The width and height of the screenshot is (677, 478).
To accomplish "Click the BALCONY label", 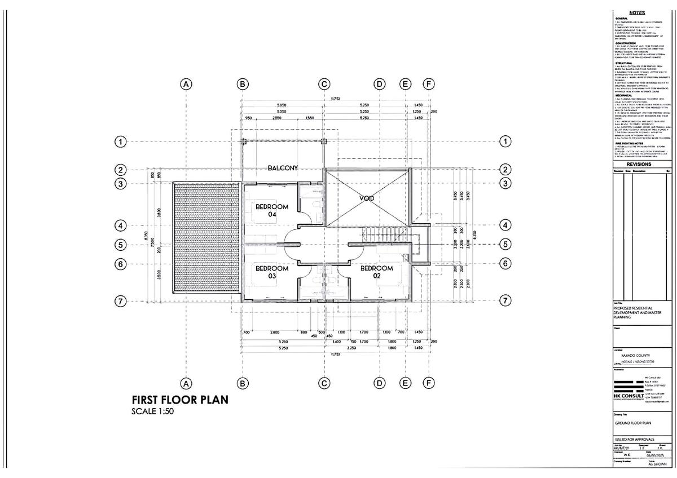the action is pyautogui.click(x=283, y=168).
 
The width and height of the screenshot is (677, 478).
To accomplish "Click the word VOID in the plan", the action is pyautogui.click(x=368, y=198).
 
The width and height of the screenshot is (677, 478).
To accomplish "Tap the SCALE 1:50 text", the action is pyautogui.click(x=152, y=411).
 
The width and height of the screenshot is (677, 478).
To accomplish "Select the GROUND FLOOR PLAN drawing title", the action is pyautogui.click(x=634, y=422).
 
